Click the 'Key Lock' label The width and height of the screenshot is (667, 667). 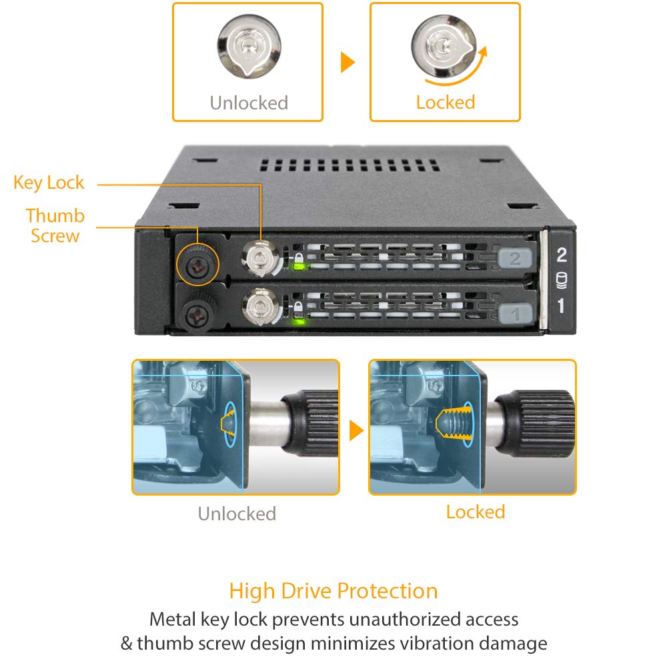pyautogui.click(x=49, y=183)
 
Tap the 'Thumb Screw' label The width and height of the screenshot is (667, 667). pyautogui.click(x=55, y=225)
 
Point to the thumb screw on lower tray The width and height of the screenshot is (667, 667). pyautogui.click(x=198, y=310)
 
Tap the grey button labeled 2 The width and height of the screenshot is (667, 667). pyautogui.click(x=514, y=259)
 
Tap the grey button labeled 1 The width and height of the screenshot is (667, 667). pyautogui.click(x=514, y=311)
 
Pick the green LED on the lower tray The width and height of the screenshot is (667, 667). pyautogui.click(x=298, y=321)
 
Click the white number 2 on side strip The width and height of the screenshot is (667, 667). pyautogui.click(x=561, y=255)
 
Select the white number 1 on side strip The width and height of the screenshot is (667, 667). pyautogui.click(x=561, y=306)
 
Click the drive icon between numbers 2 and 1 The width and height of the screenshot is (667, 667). pyautogui.click(x=561, y=280)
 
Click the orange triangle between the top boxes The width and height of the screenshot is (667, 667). pyautogui.click(x=347, y=62)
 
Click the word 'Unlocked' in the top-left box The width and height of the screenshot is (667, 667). pyautogui.click(x=249, y=103)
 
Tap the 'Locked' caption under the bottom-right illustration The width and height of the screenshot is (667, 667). pyautogui.click(x=475, y=512)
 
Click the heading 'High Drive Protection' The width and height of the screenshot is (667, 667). pyautogui.click(x=333, y=591)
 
